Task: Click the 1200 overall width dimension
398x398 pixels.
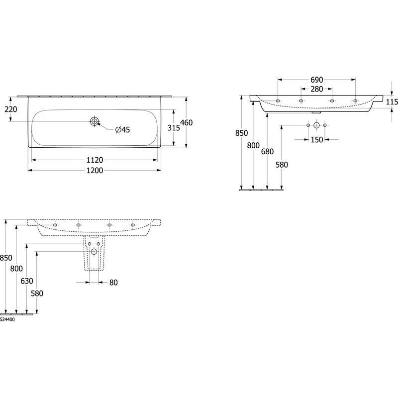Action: [x=95, y=170]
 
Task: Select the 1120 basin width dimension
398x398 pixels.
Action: [x=95, y=160]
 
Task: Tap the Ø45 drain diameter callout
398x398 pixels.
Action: [x=122, y=130]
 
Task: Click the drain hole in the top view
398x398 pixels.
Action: [x=94, y=121]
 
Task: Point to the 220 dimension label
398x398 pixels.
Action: [x=11, y=109]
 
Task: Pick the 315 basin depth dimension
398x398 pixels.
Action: [x=174, y=128]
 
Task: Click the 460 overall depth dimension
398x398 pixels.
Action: [x=186, y=122]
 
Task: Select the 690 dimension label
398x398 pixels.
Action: [x=317, y=80]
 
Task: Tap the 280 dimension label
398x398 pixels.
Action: [x=317, y=89]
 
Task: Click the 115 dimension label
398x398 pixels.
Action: [x=392, y=102]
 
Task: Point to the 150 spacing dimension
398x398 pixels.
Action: [x=317, y=140]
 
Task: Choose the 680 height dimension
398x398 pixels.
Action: [x=267, y=152]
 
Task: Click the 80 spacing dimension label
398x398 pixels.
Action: [x=113, y=283]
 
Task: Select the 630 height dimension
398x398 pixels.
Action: [x=27, y=281]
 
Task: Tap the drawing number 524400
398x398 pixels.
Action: [x=7, y=319]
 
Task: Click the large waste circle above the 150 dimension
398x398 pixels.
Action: [x=316, y=125]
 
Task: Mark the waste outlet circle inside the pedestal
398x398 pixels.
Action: [x=94, y=252]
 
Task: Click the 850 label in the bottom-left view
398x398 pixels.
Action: [x=6, y=258]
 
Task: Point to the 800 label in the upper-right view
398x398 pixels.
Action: [x=253, y=145]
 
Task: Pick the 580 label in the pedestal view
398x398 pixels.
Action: [x=37, y=294]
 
